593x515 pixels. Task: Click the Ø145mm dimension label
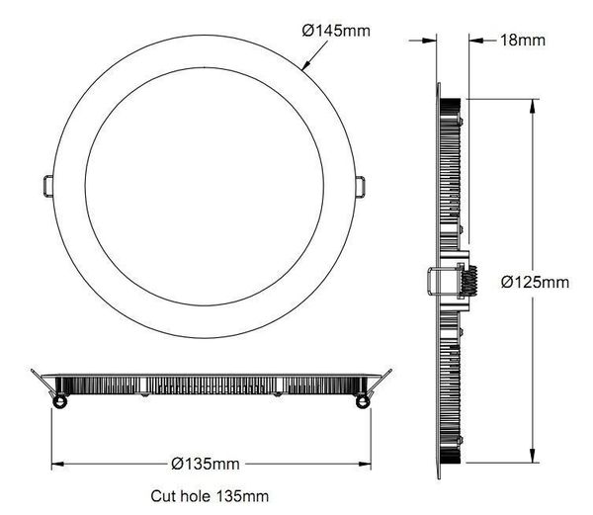pos(336,31)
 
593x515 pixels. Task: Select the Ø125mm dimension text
pos(535,282)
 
